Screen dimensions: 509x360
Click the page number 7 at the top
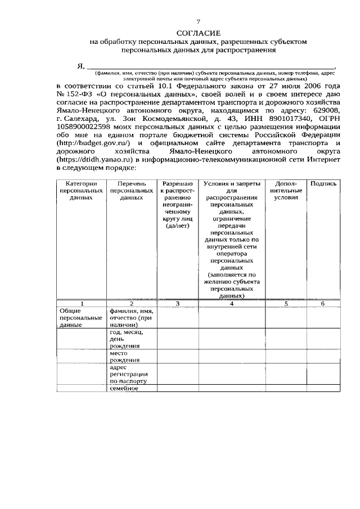182,21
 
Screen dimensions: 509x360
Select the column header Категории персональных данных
80,191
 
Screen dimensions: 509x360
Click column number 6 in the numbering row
323,304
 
